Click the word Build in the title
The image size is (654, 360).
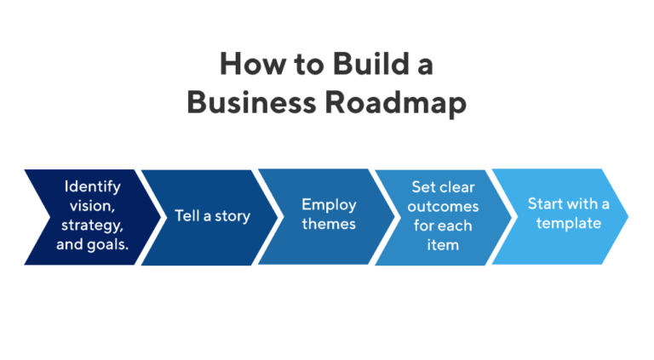(x=361, y=64)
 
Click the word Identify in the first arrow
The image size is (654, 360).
(x=93, y=186)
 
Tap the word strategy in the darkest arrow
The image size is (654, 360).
(x=92, y=226)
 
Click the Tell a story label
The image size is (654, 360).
(x=212, y=216)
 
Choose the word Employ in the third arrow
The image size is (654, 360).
(x=328, y=205)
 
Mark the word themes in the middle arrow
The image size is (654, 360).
(x=328, y=225)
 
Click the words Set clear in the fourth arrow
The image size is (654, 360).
(x=445, y=186)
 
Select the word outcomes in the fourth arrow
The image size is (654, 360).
(x=445, y=206)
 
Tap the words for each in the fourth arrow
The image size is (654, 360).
(x=445, y=226)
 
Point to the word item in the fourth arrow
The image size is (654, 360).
(x=445, y=245)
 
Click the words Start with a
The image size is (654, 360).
(x=568, y=204)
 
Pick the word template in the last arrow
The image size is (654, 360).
(x=568, y=224)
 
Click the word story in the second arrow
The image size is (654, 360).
(x=232, y=216)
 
